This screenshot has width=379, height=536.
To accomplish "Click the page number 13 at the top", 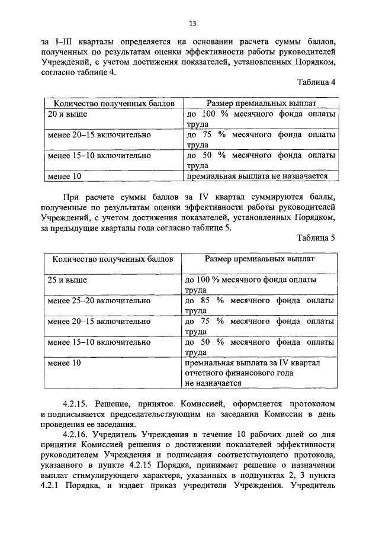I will pyautogui.click(x=192, y=24).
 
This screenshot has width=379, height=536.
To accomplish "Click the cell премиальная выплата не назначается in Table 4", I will pyautogui.click(x=253, y=176).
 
